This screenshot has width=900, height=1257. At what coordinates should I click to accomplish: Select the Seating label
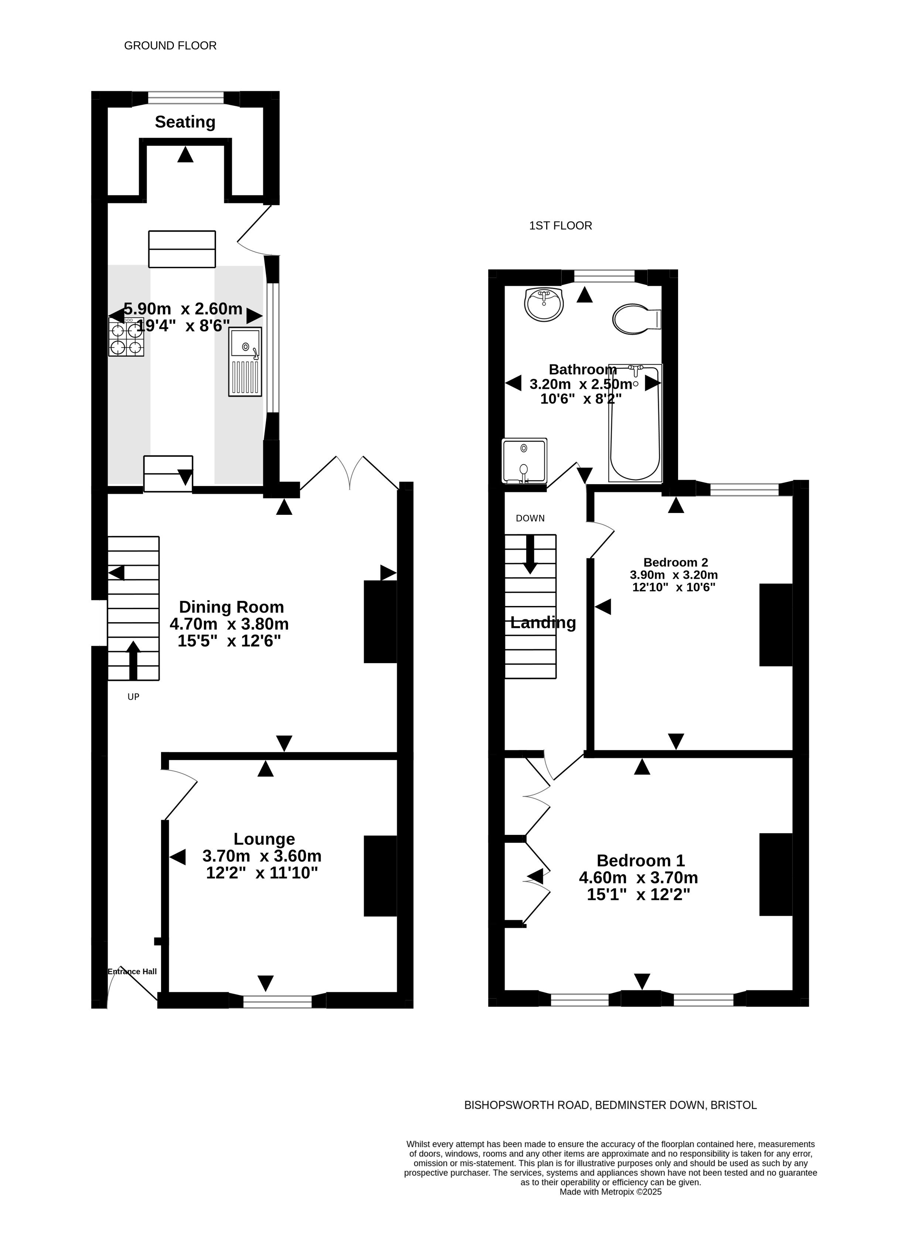(x=185, y=122)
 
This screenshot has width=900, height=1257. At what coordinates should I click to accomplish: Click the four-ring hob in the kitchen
(x=126, y=338)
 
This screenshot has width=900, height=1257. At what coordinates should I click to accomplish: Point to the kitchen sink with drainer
(x=245, y=362)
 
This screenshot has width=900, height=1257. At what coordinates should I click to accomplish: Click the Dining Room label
(x=231, y=607)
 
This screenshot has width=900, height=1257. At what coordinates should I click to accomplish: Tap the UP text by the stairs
(x=134, y=697)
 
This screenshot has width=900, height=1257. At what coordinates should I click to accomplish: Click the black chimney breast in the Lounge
(x=381, y=876)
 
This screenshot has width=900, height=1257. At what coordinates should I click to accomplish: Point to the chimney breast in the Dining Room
(x=381, y=621)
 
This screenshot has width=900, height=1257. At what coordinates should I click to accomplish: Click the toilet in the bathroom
(x=637, y=319)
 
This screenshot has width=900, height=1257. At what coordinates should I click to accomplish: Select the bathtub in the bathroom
(x=635, y=423)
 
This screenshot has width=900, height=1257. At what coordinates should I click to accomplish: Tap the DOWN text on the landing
(x=530, y=518)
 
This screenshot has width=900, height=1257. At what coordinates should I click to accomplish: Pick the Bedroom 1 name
(x=641, y=861)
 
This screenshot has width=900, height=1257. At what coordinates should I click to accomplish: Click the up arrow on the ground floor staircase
(x=134, y=660)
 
